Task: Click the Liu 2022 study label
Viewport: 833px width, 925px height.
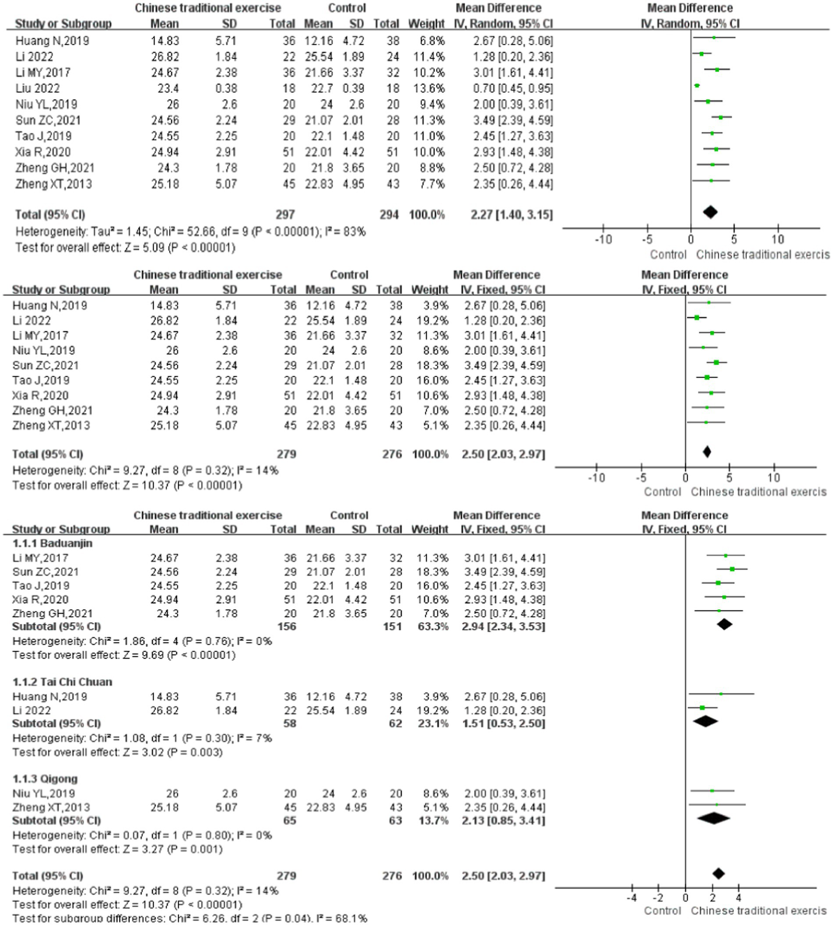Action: click(x=37, y=88)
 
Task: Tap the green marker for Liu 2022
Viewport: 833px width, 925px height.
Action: click(x=697, y=86)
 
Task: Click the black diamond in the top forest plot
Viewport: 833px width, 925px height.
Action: click(x=710, y=212)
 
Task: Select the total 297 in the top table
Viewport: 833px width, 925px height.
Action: click(x=285, y=215)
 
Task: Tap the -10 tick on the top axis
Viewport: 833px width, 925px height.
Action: click(x=603, y=239)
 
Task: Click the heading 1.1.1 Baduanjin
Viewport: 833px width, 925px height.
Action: click(x=52, y=543)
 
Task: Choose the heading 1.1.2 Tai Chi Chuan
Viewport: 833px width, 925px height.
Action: click(x=62, y=682)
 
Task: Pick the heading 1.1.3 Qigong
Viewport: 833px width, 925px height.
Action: click(x=45, y=779)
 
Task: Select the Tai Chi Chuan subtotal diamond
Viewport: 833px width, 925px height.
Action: click(x=705, y=722)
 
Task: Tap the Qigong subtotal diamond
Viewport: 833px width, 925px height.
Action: click(x=713, y=818)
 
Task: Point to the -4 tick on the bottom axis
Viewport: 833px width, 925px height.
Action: click(x=632, y=898)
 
